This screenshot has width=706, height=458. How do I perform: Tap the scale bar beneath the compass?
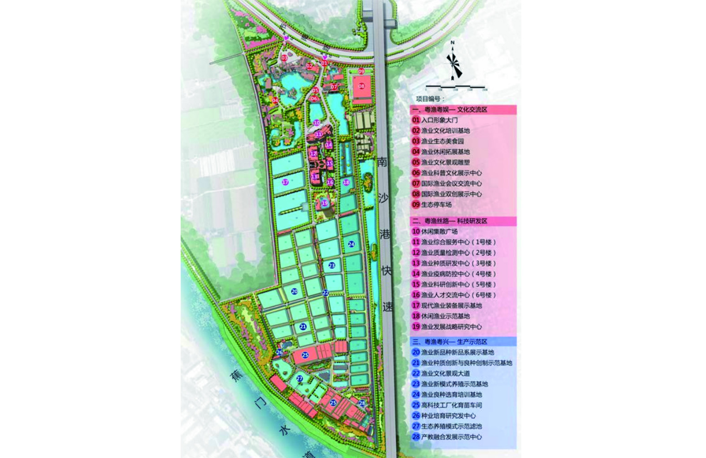click(455, 87)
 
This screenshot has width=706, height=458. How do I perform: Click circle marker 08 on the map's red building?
click(361, 86)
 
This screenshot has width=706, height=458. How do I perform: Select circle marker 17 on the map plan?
click(285, 182)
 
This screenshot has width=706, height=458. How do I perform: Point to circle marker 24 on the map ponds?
click(351, 244)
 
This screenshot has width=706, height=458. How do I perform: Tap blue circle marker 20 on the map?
click(294, 291)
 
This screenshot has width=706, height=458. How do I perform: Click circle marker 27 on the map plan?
click(300, 379)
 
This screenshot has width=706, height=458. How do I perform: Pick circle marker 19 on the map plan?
click(325, 203)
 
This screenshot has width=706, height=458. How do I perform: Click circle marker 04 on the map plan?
click(275, 100)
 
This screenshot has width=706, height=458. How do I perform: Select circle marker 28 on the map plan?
click(362, 403)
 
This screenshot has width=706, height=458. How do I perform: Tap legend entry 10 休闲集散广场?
click(435, 231)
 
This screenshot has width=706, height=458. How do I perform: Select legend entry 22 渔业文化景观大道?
click(441, 373)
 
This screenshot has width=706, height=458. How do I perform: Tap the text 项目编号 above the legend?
click(430, 98)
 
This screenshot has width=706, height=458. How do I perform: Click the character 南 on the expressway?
click(382, 162)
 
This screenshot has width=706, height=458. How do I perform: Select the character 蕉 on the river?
click(235, 375)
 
